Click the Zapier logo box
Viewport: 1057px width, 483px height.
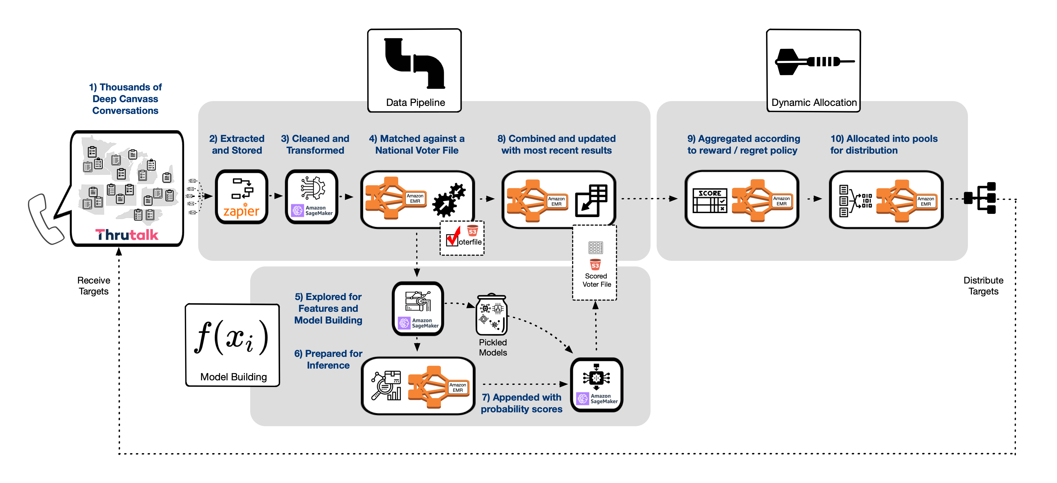coord(241,197)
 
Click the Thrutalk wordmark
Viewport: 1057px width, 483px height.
coord(127,235)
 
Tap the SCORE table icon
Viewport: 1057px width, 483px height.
coord(709,200)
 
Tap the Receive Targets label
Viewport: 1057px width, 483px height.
coord(94,286)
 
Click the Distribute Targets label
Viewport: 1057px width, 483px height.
coord(983,286)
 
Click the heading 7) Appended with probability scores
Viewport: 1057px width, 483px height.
coord(521,403)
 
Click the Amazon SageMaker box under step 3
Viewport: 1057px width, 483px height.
coord(312,197)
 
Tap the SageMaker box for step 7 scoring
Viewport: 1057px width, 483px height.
coord(596,385)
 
